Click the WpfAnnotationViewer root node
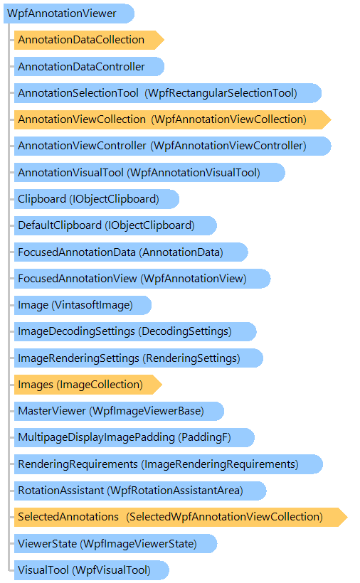point(69,14)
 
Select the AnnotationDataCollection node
point(89,40)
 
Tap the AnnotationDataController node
point(89,67)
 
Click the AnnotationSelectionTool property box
point(168,93)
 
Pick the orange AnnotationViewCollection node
point(173,119)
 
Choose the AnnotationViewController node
point(173,146)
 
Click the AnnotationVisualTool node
point(149,173)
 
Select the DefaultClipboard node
point(115,225)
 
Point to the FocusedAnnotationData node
point(131,252)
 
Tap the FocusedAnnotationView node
point(142,279)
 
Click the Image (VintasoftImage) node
point(83,305)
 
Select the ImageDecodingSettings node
point(135,331)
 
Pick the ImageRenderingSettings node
point(139,358)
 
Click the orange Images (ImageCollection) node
point(88,385)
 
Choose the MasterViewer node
point(119,411)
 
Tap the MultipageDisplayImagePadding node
point(134,438)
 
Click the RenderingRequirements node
point(169,464)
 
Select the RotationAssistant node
point(140,491)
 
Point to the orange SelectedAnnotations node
point(181,517)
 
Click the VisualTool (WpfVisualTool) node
point(92,570)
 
